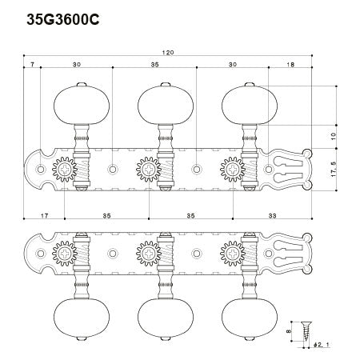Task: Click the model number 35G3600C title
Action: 63,19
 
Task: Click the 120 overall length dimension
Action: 168,52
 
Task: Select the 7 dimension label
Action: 32,64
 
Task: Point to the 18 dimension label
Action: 290,64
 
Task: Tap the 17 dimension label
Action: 45,215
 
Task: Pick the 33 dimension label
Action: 272,215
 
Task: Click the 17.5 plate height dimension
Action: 334,170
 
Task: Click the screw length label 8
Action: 289,331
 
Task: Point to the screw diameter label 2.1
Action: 322,345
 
